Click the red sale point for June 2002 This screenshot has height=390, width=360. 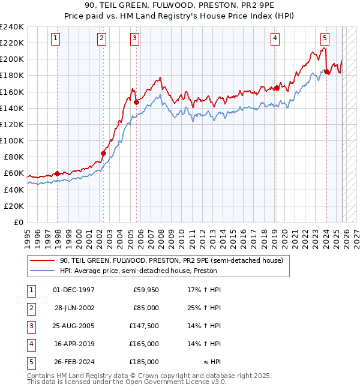point(103,153)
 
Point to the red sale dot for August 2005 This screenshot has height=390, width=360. point(136,102)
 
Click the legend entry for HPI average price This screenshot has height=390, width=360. point(138,271)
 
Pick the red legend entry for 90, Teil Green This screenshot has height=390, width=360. point(175,260)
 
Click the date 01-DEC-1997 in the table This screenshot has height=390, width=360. point(74,290)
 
